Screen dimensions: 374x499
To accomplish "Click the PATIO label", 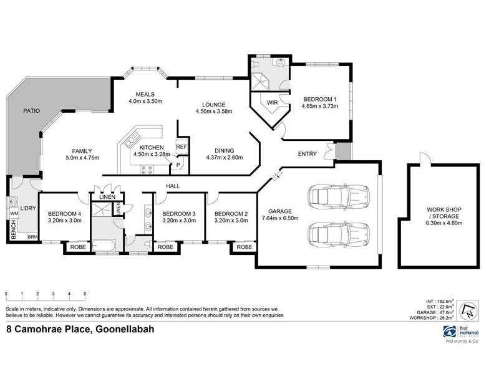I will tap(31, 111).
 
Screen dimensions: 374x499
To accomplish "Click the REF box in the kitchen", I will tap(182, 146).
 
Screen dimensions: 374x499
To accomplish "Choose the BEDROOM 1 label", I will tap(320, 99).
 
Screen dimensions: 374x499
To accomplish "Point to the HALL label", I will tap(173, 186).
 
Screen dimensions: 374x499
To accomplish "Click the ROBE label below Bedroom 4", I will tap(77, 247).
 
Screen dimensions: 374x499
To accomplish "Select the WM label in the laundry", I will tap(13, 214).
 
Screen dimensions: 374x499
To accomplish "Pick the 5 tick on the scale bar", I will tap(85, 294).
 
